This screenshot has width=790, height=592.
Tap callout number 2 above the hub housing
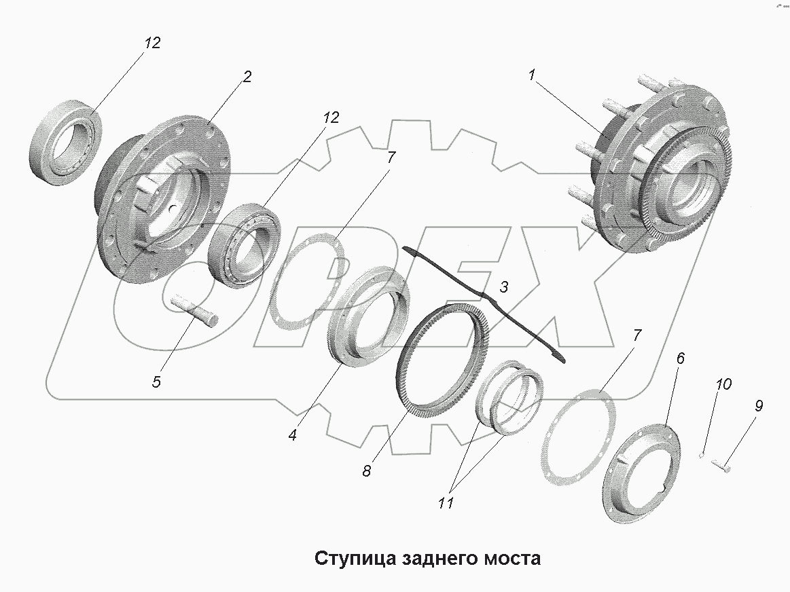click(246, 77)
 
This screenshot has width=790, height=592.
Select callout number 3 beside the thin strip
click(503, 287)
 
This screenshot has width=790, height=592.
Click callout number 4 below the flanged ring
click(292, 435)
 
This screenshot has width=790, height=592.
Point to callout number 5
click(156, 382)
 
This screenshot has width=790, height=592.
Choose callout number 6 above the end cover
click(680, 357)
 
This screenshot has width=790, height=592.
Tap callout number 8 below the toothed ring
click(366, 470)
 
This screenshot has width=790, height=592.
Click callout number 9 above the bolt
click(758, 406)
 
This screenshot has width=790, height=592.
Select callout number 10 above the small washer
click(723, 384)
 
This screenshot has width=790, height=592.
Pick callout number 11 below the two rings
click(446, 503)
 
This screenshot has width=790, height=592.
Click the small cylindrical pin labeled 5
click(196, 309)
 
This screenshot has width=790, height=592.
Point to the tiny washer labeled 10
click(702, 456)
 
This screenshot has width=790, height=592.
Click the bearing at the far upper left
click(66, 140)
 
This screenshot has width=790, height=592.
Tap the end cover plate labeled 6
click(637, 475)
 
